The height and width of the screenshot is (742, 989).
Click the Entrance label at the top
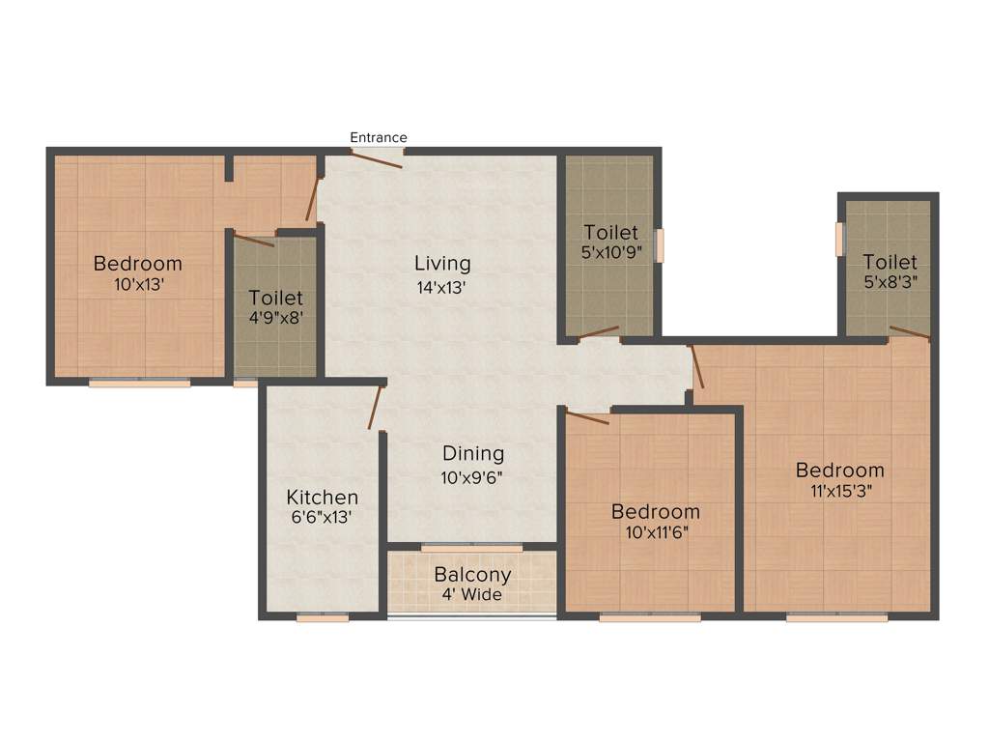pyautogui.click(x=378, y=137)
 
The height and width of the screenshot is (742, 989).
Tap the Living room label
pyautogui.click(x=442, y=263)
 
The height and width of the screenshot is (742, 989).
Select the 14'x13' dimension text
pyautogui.click(x=442, y=287)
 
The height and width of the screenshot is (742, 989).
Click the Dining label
pyautogui.click(x=473, y=453)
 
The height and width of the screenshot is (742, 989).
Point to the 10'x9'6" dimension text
pyautogui.click(x=473, y=477)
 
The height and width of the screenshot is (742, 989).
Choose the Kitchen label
pyautogui.click(x=323, y=498)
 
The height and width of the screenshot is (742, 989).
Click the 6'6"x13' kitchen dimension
pyautogui.click(x=323, y=518)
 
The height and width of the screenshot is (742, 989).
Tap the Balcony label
pyautogui.click(x=472, y=575)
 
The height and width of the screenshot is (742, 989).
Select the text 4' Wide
pyautogui.click(x=472, y=595)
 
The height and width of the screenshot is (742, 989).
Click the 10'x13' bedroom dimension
pyautogui.click(x=137, y=286)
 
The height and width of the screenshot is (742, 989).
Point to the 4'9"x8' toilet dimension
pyautogui.click(x=275, y=319)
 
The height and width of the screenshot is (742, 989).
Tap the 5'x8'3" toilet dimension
pyautogui.click(x=890, y=285)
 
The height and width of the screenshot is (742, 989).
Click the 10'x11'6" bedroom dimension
pyautogui.click(x=656, y=532)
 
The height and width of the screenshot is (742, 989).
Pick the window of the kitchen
pyautogui.click(x=323, y=617)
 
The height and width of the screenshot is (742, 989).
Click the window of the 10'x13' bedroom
pyautogui.click(x=140, y=383)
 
